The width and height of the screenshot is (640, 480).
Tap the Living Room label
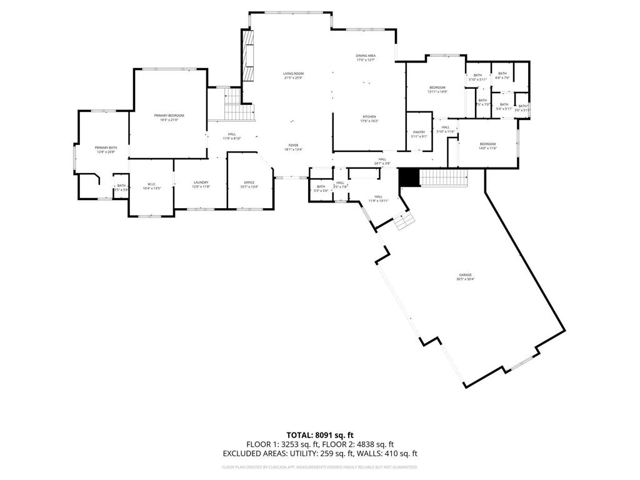[x=293, y=76]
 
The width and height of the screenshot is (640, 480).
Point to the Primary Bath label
[x=106, y=149]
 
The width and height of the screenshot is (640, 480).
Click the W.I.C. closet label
[x=151, y=186]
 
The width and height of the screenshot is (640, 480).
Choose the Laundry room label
[x=201, y=184]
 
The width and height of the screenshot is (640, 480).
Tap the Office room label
[x=249, y=184]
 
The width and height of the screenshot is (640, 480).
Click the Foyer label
[x=293, y=147]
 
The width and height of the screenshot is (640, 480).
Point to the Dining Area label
[x=366, y=57]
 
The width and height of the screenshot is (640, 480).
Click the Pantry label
[x=419, y=134]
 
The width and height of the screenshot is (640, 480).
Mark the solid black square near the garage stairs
[x=408, y=177]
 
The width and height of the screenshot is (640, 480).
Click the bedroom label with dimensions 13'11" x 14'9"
[x=437, y=89]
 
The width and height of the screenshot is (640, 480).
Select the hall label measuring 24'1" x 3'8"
[x=382, y=161]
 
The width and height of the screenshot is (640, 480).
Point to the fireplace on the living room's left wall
[x=249, y=56]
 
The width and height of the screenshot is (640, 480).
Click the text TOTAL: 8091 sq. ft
[x=320, y=434]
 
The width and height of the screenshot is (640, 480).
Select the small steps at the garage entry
[x=404, y=221]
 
